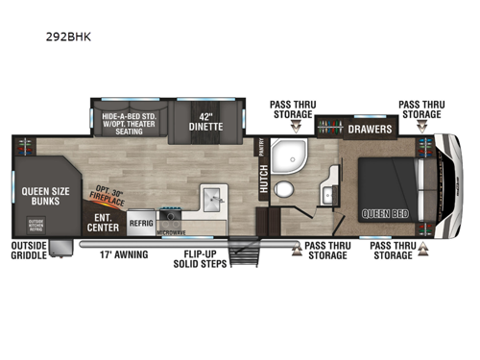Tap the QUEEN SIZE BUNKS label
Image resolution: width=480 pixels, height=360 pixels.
pyautogui.click(x=44, y=196)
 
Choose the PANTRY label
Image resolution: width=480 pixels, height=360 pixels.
pyautogui.click(x=260, y=147)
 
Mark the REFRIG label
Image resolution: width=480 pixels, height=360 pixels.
pyautogui.click(x=142, y=218)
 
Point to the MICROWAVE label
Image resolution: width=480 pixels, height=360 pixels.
pyautogui.click(x=171, y=231)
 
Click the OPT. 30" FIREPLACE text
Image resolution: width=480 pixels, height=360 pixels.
pyautogui.click(x=108, y=196)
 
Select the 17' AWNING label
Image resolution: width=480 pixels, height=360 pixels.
pyautogui.click(x=125, y=254)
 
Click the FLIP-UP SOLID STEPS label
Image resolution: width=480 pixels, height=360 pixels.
pyautogui.click(x=205, y=259)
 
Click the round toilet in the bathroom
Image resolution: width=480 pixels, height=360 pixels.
pyautogui.click(x=283, y=189)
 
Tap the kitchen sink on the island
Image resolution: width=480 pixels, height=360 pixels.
pyautogui.click(x=212, y=200)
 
